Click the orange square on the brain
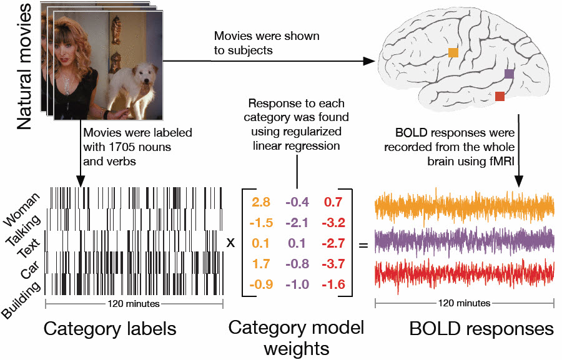pyautogui.click(x=453, y=53)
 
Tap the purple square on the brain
pyautogui.click(x=509, y=74)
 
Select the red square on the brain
pyautogui.click(x=500, y=95)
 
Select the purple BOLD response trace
pyautogui.click(x=464, y=240)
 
